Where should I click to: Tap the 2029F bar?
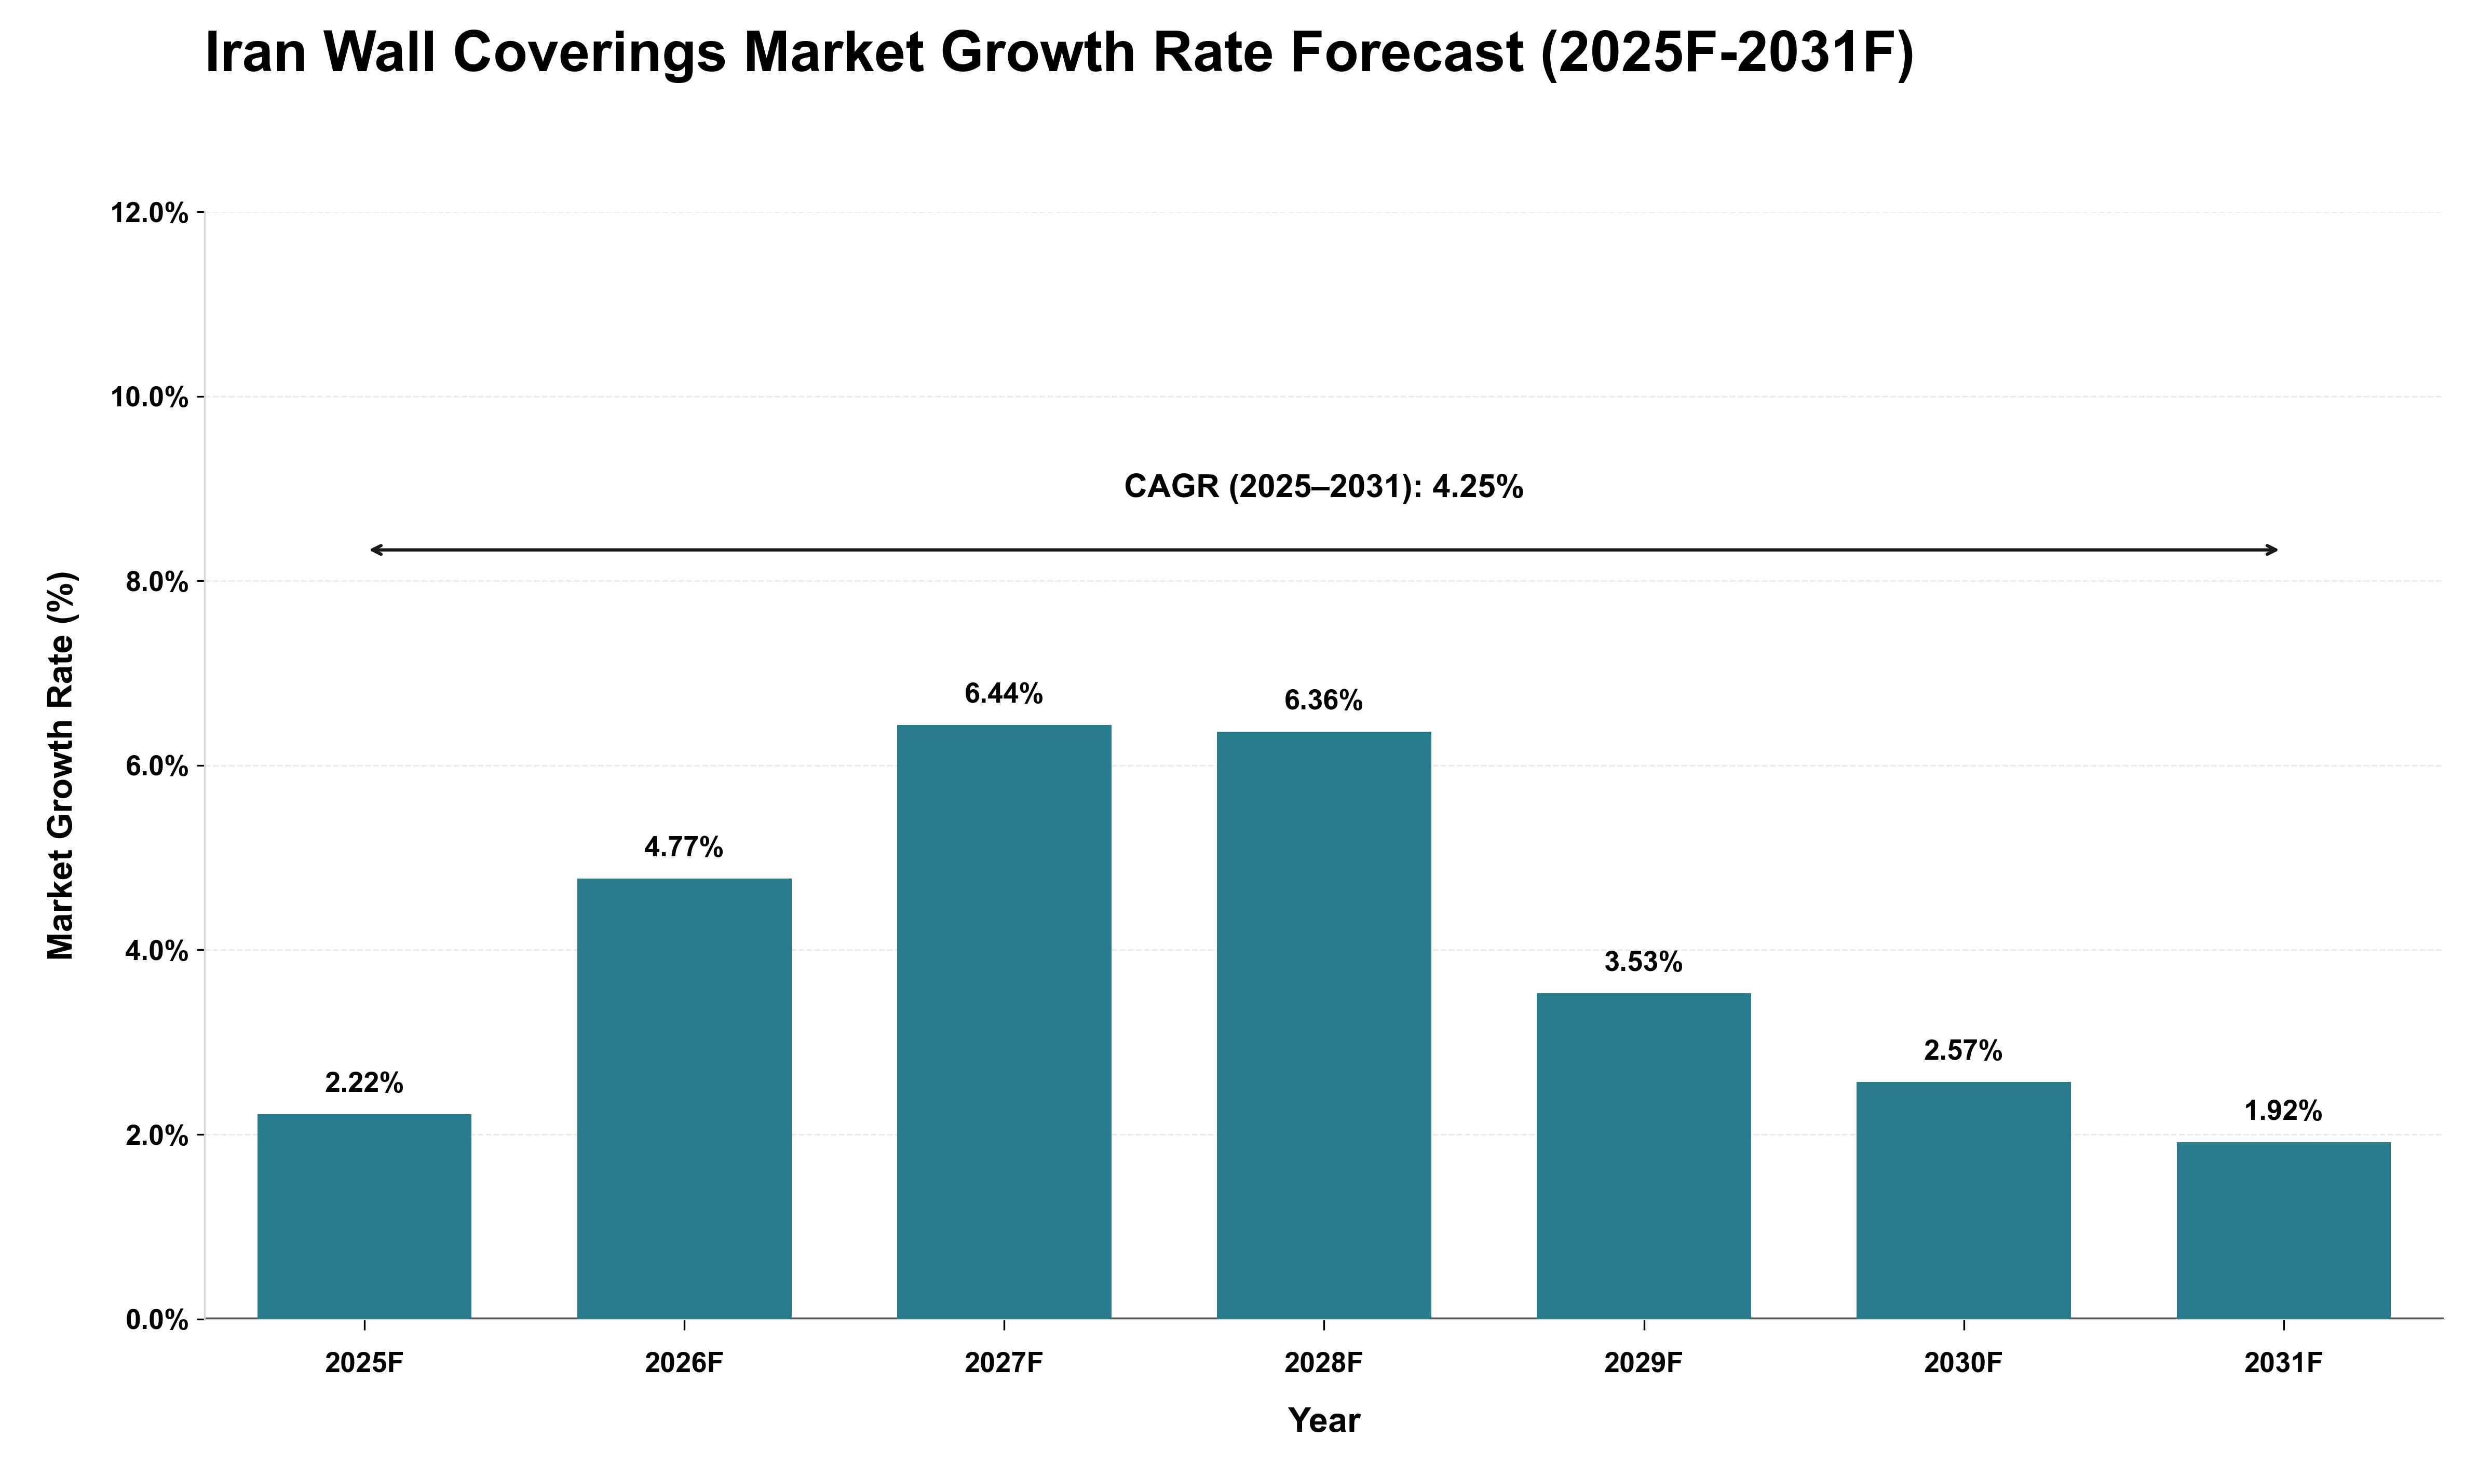pyautogui.click(x=1644, y=1156)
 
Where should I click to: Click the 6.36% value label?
pyautogui.click(x=1324, y=701)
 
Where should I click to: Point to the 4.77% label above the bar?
pyautogui.click(x=684, y=847)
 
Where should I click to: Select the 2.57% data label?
pyautogui.click(x=1963, y=1050)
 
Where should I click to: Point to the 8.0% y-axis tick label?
pyautogui.click(x=157, y=582)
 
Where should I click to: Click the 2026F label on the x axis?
pyautogui.click(x=684, y=1362)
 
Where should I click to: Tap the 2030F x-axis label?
pyautogui.click(x=1963, y=1362)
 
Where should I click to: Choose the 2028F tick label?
pyautogui.click(x=1324, y=1362)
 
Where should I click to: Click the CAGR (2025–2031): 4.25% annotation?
pyautogui.click(x=1324, y=486)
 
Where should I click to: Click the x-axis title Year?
pyautogui.click(x=1324, y=1420)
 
